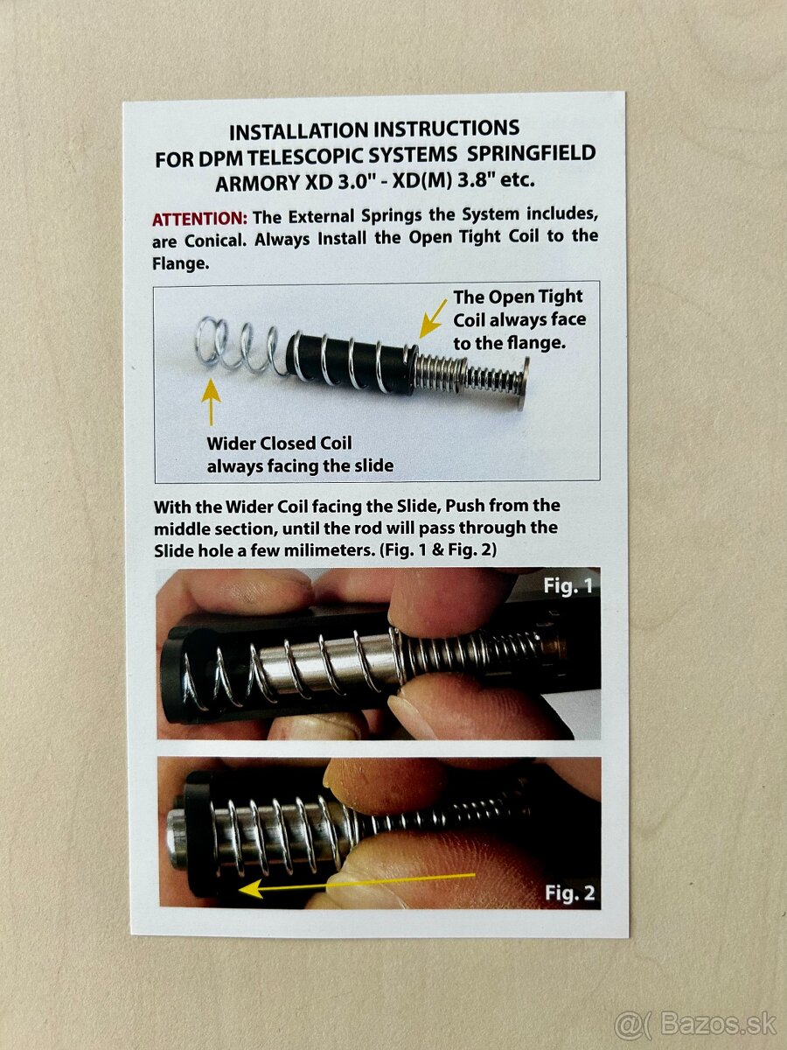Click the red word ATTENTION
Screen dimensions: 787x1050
199,219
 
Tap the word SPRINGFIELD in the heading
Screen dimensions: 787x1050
531,153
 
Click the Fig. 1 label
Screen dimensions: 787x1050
568,585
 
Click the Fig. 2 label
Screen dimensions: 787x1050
569,892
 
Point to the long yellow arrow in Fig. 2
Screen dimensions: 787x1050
357,883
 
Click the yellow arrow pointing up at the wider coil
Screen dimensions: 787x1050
211,402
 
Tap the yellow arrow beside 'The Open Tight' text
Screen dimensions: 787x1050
433,319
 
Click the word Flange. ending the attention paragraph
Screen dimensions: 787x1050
181,263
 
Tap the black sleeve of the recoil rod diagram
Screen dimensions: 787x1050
350,362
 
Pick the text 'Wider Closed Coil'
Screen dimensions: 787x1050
279,443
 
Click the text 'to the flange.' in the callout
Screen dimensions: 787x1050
510,343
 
